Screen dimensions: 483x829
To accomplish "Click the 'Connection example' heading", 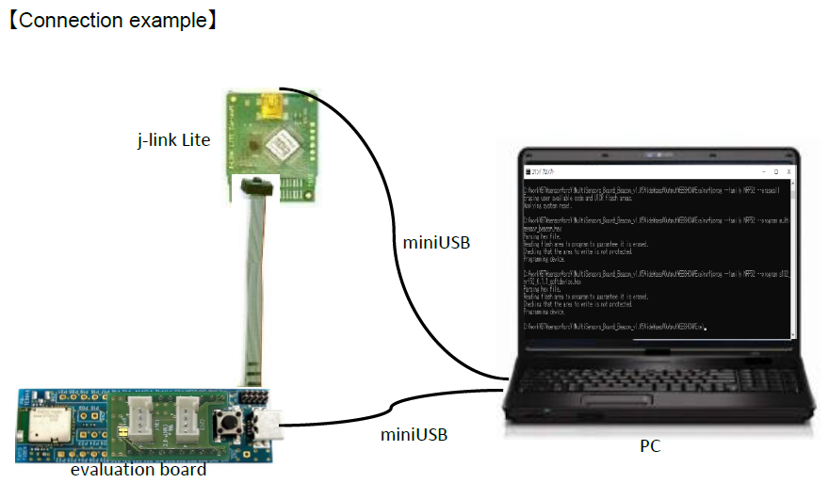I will [113, 21].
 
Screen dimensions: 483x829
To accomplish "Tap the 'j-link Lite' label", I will [175, 140].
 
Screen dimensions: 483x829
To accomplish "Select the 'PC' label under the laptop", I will [649, 445].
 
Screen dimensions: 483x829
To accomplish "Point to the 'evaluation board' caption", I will [138, 469].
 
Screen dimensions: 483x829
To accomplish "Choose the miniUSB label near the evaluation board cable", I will [414, 434].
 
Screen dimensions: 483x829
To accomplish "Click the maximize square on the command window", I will [775, 172].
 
